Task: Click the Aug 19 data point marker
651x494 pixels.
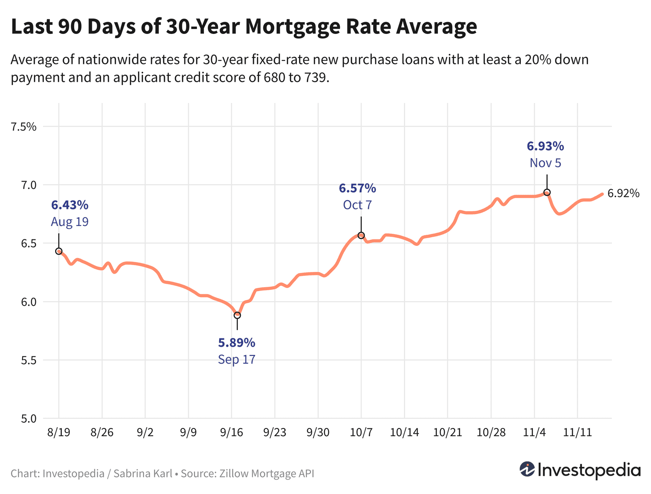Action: click(59, 251)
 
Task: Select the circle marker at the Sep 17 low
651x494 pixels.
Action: click(237, 315)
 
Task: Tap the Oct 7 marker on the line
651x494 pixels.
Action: click(361, 235)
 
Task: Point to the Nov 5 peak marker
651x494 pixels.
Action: click(547, 192)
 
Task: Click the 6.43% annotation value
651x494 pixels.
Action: click(69, 205)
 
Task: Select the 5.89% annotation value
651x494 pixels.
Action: click(237, 343)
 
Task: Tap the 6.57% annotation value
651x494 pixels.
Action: click(357, 188)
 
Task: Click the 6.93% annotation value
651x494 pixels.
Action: click(545, 146)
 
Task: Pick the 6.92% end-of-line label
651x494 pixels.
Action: click(623, 193)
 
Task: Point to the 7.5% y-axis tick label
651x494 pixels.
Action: click(24, 127)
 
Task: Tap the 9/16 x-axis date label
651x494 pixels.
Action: click(231, 433)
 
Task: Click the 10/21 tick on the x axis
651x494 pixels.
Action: click(447, 433)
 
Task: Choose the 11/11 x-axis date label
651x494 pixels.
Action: click(577, 433)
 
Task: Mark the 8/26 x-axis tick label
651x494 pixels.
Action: click(102, 433)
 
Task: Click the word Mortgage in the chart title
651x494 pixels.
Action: click(292, 27)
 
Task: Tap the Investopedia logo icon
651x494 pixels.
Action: click(527, 469)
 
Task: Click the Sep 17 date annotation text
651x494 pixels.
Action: click(237, 360)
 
